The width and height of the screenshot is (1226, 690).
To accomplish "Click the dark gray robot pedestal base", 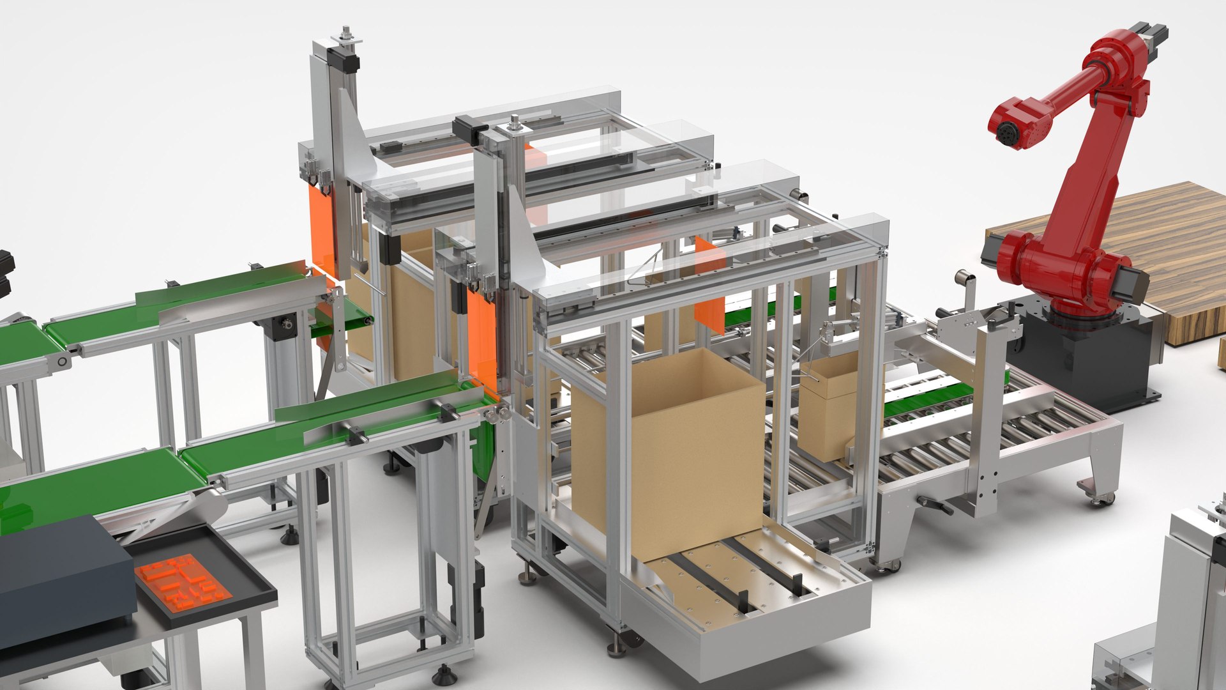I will click(1086, 358).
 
